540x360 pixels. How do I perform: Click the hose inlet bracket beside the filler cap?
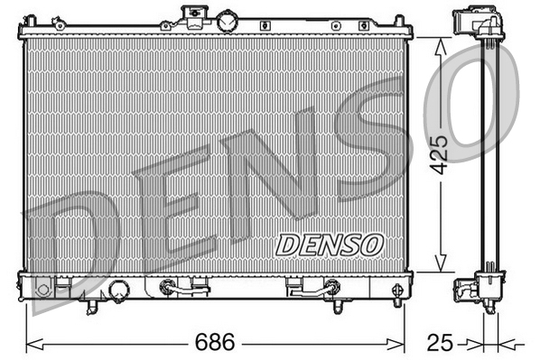(x=191, y=15)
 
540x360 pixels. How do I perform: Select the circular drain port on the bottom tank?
(x=118, y=290)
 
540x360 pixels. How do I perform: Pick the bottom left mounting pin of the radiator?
(x=90, y=309)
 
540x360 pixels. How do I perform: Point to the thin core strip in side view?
(x=491, y=153)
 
